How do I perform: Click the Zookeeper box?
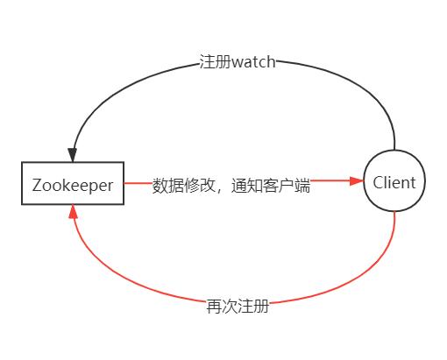pos(73,184)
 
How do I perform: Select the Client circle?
pos(395,182)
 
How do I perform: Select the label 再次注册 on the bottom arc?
pos(238,307)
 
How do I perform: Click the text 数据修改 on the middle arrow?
pos(179,186)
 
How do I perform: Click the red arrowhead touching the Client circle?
pos(357,182)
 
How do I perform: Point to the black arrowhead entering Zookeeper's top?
pos(73,154)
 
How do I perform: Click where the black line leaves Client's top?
pos(395,149)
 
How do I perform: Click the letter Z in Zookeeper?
pos(36,185)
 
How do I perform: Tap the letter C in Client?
pos(378,183)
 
